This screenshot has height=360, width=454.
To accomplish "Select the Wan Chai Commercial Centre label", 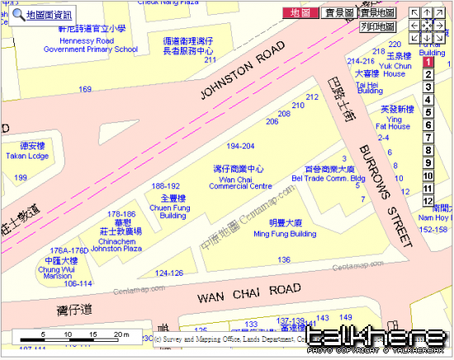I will (239, 182).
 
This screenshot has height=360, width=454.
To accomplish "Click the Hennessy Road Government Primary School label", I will (90, 45).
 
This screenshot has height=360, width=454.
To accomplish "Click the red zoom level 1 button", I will (428, 62).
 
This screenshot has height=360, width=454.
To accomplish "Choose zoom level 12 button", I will (428, 201).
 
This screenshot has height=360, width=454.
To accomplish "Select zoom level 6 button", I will (428, 126).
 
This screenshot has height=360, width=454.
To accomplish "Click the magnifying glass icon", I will (17, 13).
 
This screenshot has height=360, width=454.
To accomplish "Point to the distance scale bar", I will (74, 336).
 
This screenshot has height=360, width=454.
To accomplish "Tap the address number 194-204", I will (240, 145).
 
